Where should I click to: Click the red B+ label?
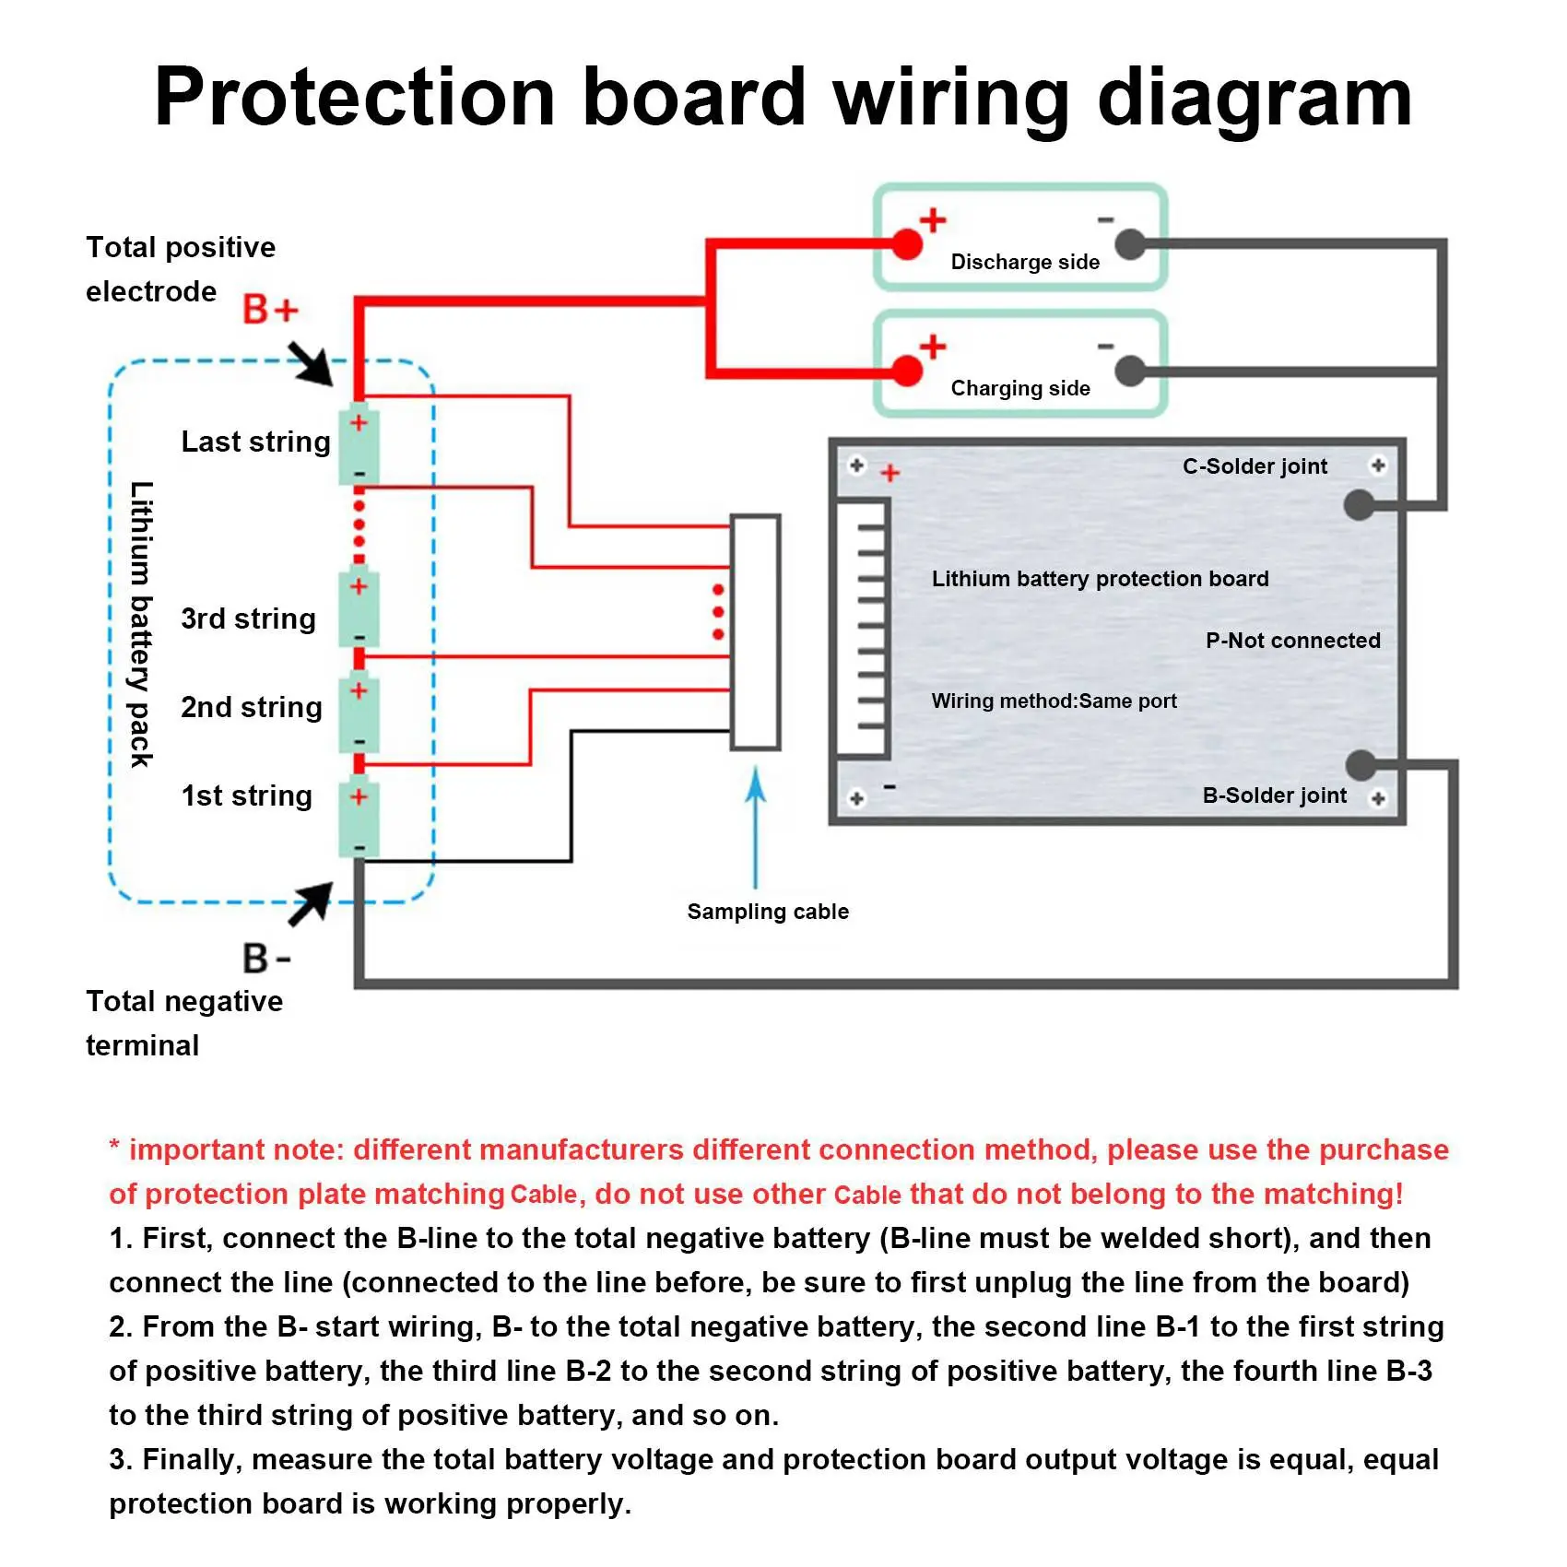270,310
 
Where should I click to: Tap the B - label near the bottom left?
266,959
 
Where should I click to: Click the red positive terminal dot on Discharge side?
908,244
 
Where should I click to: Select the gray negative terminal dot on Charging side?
1130,371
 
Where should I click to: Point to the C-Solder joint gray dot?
1359,504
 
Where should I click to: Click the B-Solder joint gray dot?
1361,764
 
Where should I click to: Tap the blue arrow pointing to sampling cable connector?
756,825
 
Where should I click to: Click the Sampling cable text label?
768,912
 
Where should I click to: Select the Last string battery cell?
359,447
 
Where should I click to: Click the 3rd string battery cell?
359,611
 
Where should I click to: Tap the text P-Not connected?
1292,641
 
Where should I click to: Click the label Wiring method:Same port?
1054,701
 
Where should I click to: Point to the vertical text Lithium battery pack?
141,624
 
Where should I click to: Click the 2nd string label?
252,707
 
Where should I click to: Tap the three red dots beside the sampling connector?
718,612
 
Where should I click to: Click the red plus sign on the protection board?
890,474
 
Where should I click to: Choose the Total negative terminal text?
183,1023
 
